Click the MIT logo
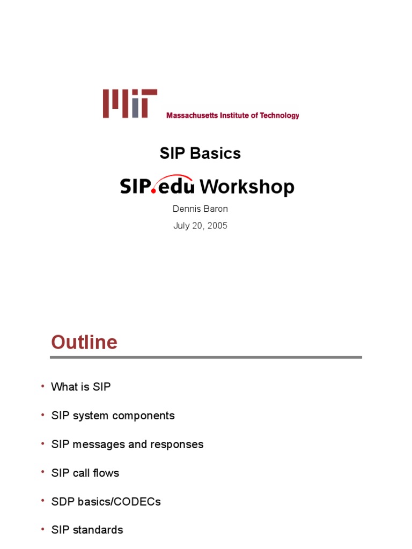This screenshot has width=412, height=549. point(130,103)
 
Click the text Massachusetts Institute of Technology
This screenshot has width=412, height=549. point(232,115)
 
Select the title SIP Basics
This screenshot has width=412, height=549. point(200,153)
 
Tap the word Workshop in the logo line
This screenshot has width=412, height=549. point(247,187)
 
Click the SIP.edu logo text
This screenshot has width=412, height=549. point(157,186)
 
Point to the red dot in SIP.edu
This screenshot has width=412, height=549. point(154,191)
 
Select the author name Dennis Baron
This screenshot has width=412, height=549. point(200,209)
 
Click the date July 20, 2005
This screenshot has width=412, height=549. point(200,226)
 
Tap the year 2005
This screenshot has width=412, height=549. point(218,226)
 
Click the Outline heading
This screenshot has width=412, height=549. point(84,342)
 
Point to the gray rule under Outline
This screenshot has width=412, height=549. point(206,357)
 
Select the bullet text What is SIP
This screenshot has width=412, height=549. point(81,387)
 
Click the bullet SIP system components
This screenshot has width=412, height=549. point(113,416)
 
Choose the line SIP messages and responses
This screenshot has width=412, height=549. point(127,444)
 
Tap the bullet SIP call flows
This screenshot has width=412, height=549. point(85,473)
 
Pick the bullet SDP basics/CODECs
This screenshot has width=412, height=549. point(106,502)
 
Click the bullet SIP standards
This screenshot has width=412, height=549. point(87,530)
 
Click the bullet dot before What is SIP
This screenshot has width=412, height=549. point(43,387)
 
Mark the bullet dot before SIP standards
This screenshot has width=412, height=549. point(43,530)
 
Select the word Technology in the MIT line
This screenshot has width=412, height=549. point(279,115)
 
